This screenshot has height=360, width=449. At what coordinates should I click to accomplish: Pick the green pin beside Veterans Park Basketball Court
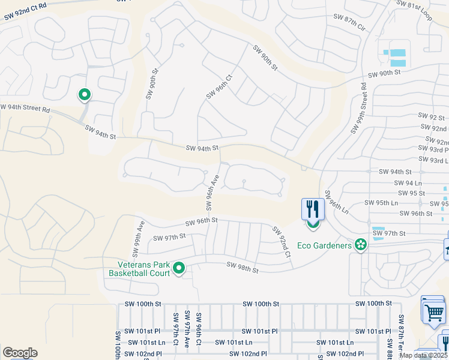(x=178, y=269)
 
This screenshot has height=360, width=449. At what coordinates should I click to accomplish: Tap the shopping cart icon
(x=434, y=311)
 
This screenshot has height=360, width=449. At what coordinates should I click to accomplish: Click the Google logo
(x=20, y=353)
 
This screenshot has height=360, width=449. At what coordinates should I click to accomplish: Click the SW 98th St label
(x=242, y=268)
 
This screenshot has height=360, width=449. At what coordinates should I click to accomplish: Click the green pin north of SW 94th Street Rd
(x=85, y=94)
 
